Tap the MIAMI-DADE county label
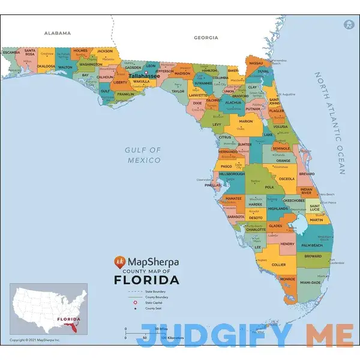pyautogui.click(x=310, y=282)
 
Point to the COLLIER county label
pyautogui.click(x=278, y=264)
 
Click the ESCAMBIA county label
pyautogui.click(x=11, y=52)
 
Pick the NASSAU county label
pyautogui.click(x=256, y=62)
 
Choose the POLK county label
pyautogui.click(x=269, y=187)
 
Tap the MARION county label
pyautogui.click(x=245, y=121)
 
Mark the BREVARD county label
pyautogui.click(x=307, y=173)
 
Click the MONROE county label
pyautogui.click(x=287, y=278)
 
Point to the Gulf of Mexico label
pyautogui.click(x=143, y=155)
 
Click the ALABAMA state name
pyautogui.click(x=58, y=33)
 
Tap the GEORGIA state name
pyautogui.click(x=206, y=37)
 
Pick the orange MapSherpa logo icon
pyautogui.click(x=120, y=262)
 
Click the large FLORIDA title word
pyautogui.click(x=146, y=280)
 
